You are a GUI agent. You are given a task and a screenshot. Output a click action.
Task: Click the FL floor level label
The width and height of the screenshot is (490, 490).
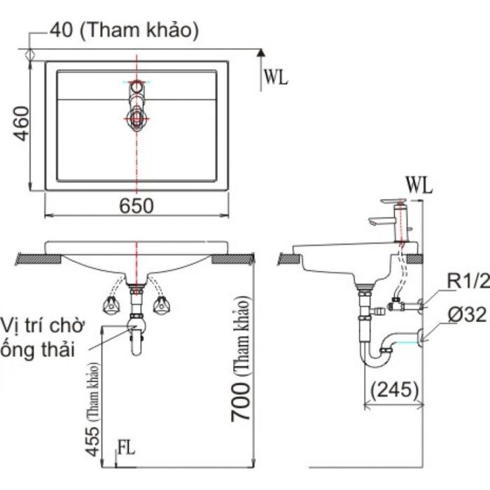(127, 446)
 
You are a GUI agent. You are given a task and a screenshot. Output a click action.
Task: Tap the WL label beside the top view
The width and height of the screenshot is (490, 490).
(276, 78)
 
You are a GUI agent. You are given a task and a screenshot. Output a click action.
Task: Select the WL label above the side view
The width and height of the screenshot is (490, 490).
(419, 185)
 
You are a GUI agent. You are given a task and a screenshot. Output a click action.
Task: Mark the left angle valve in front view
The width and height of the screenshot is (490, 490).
(110, 303)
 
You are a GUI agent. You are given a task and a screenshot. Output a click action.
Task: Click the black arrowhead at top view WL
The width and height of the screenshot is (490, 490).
(260, 52)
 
